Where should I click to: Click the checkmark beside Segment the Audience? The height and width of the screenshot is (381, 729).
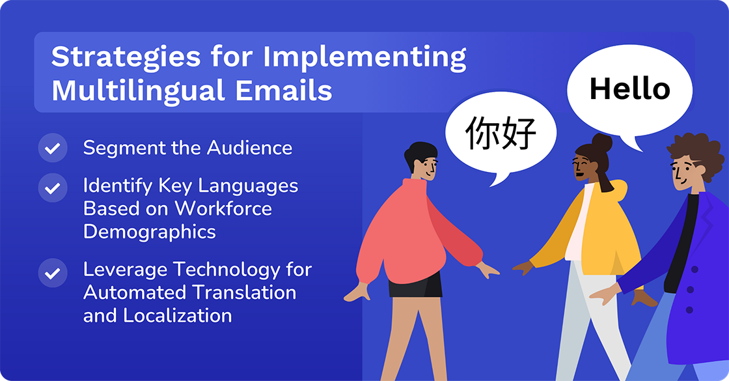click(x=53, y=148)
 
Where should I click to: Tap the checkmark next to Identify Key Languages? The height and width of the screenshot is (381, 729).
click(x=53, y=188)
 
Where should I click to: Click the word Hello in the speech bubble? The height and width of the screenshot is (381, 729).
click(x=629, y=89)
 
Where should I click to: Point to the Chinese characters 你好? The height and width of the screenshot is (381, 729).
click(x=501, y=134)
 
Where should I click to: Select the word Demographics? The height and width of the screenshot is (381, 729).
click(x=149, y=231)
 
